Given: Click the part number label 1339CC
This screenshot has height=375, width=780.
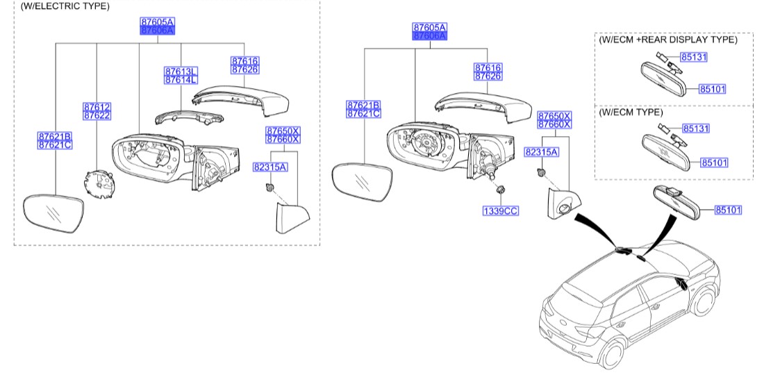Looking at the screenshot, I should pos(501,210).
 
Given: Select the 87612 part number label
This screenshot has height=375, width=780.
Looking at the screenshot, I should pos(97,107).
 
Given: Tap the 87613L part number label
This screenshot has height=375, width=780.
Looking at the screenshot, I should pos(181,72).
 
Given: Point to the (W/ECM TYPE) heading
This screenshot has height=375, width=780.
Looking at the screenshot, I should pos(631,112).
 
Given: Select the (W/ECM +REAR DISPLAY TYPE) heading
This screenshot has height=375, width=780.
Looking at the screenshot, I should pos(667,40).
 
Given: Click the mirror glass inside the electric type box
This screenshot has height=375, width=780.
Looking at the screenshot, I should pos(53,215).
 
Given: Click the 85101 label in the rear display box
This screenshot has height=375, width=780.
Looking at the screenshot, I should pos(712,89).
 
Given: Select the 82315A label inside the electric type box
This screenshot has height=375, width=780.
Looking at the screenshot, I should pos(270,167).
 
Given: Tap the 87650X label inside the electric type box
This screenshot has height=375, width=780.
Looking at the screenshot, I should pos(282,130).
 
